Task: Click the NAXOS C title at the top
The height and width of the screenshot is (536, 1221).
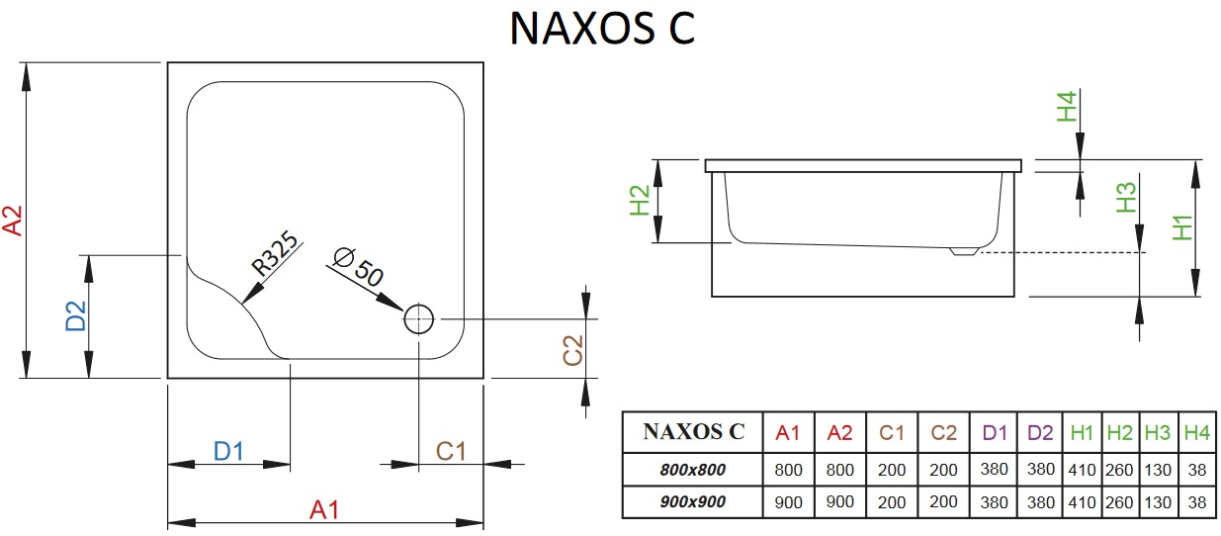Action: coord(602,29)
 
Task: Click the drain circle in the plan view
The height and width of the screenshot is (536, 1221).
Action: coord(418,318)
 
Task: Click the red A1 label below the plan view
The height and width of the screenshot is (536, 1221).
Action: coord(324,509)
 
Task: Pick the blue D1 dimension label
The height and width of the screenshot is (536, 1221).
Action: coord(228,451)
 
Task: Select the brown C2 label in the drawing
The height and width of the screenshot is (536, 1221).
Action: coord(573,350)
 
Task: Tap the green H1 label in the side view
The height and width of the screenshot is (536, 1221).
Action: coord(1181,227)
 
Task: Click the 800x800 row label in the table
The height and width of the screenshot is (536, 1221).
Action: coord(692,470)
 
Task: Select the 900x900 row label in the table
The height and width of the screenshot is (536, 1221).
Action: coord(692,501)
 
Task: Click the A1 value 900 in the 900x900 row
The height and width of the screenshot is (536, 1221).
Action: coord(788,501)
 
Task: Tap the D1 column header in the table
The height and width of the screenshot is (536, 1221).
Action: coord(995,432)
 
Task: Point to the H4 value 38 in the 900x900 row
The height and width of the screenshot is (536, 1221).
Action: coord(1197,501)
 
